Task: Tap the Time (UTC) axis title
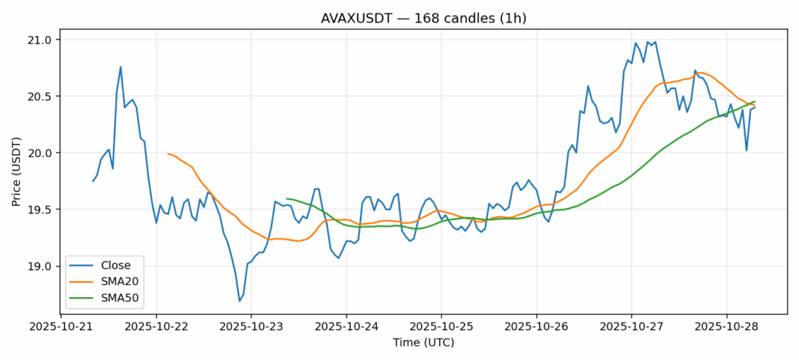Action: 423,343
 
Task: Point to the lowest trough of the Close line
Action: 239,301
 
